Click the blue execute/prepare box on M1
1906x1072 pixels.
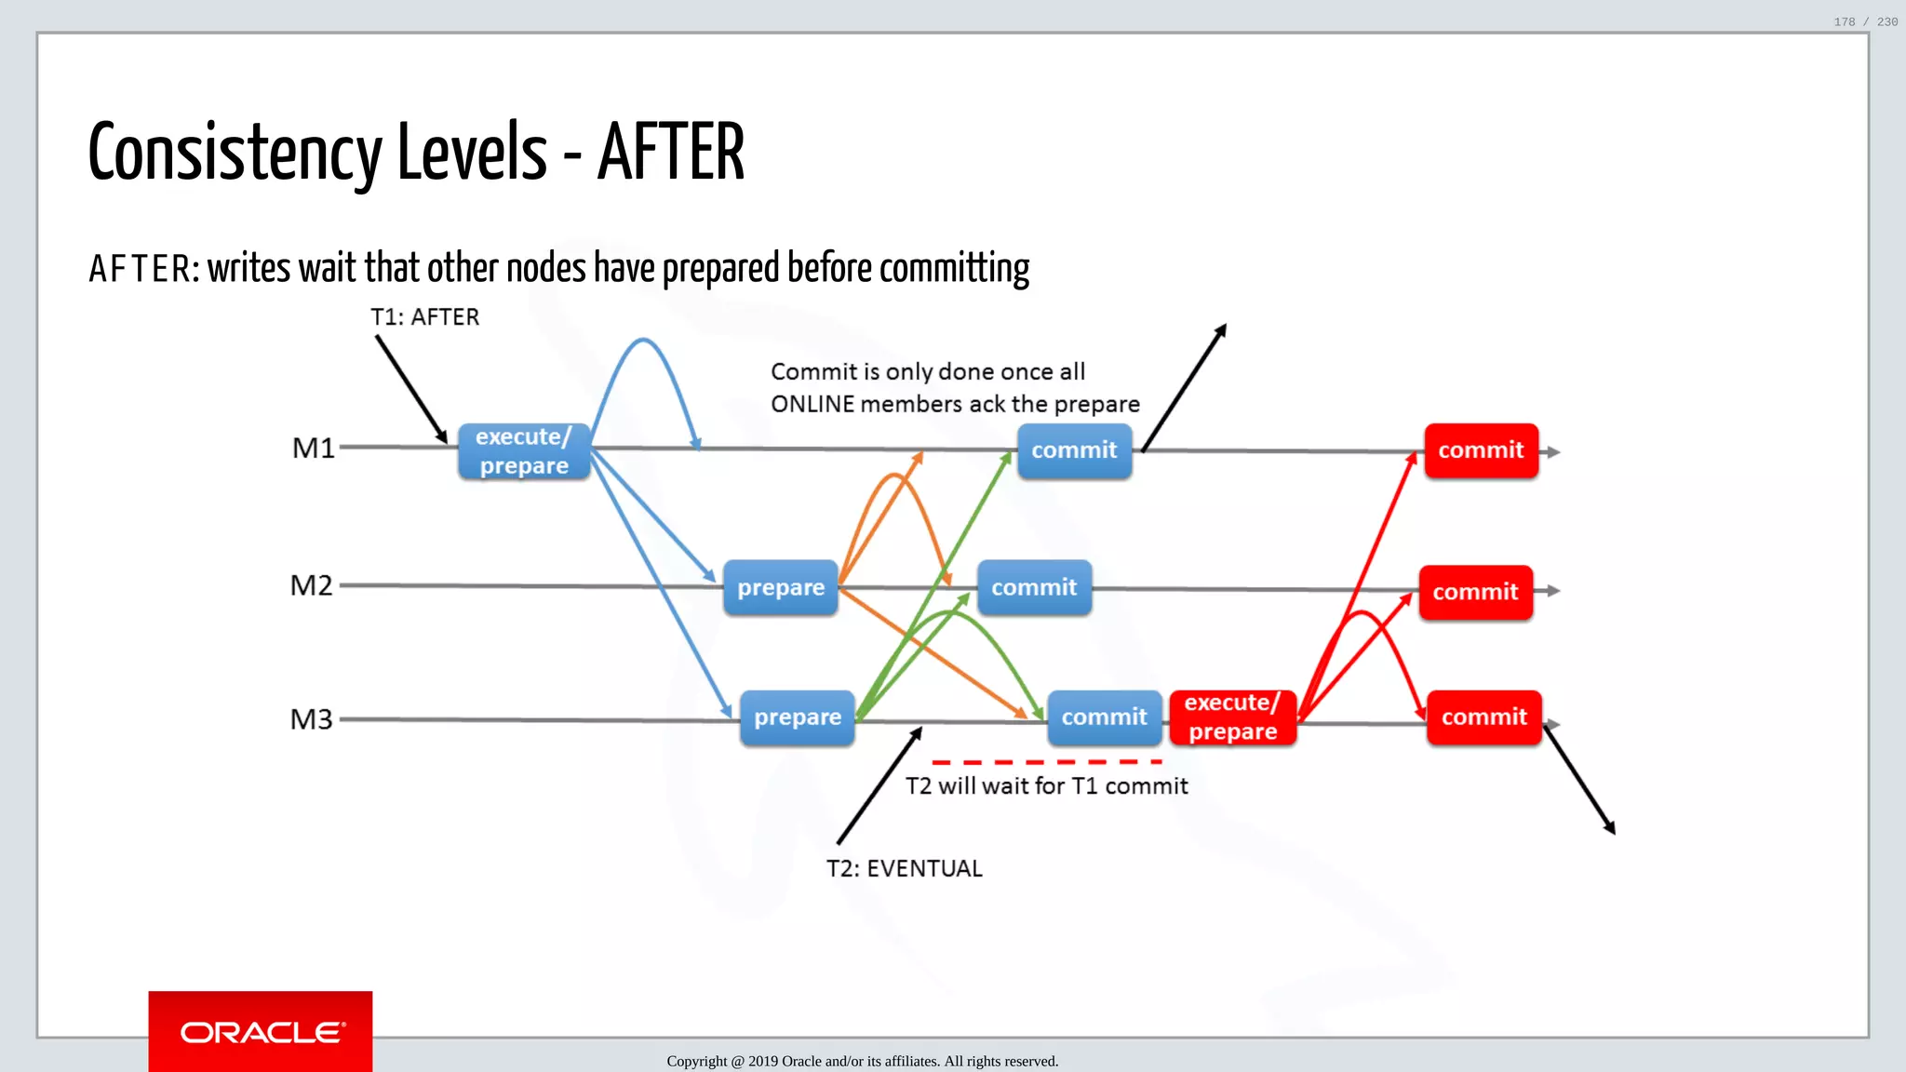point(524,451)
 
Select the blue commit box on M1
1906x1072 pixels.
point(1074,450)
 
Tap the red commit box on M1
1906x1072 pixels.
point(1481,450)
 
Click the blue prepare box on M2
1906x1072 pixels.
point(781,587)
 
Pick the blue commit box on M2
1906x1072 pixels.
point(1034,587)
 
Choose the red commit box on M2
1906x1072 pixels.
point(1475,592)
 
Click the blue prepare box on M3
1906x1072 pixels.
point(798,717)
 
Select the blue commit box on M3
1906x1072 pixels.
point(1104,717)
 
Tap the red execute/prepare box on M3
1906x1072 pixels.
point(1232,717)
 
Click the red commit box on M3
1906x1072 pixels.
point(1483,717)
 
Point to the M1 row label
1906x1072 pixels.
point(314,449)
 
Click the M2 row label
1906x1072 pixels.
point(312,585)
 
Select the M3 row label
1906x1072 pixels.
point(312,719)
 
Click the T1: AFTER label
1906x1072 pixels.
point(424,317)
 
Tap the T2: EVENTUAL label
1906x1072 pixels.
point(904,868)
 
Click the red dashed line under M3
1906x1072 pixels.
point(1046,762)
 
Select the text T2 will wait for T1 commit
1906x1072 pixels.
point(1046,786)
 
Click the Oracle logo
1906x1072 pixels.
point(261,1032)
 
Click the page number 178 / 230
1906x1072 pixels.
point(1865,21)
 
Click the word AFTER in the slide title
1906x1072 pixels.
point(670,154)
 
